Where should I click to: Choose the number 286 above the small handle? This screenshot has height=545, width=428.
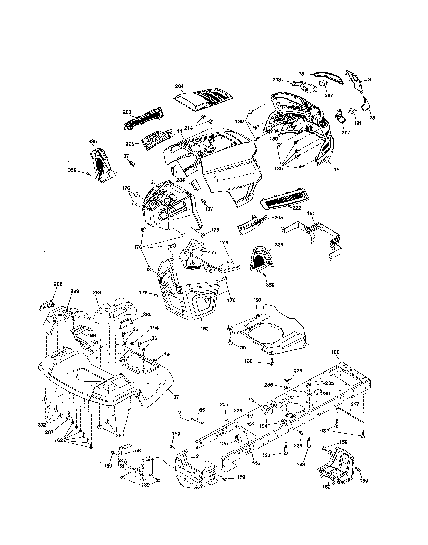[58, 284]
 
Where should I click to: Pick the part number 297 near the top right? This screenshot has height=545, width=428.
[329, 96]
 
